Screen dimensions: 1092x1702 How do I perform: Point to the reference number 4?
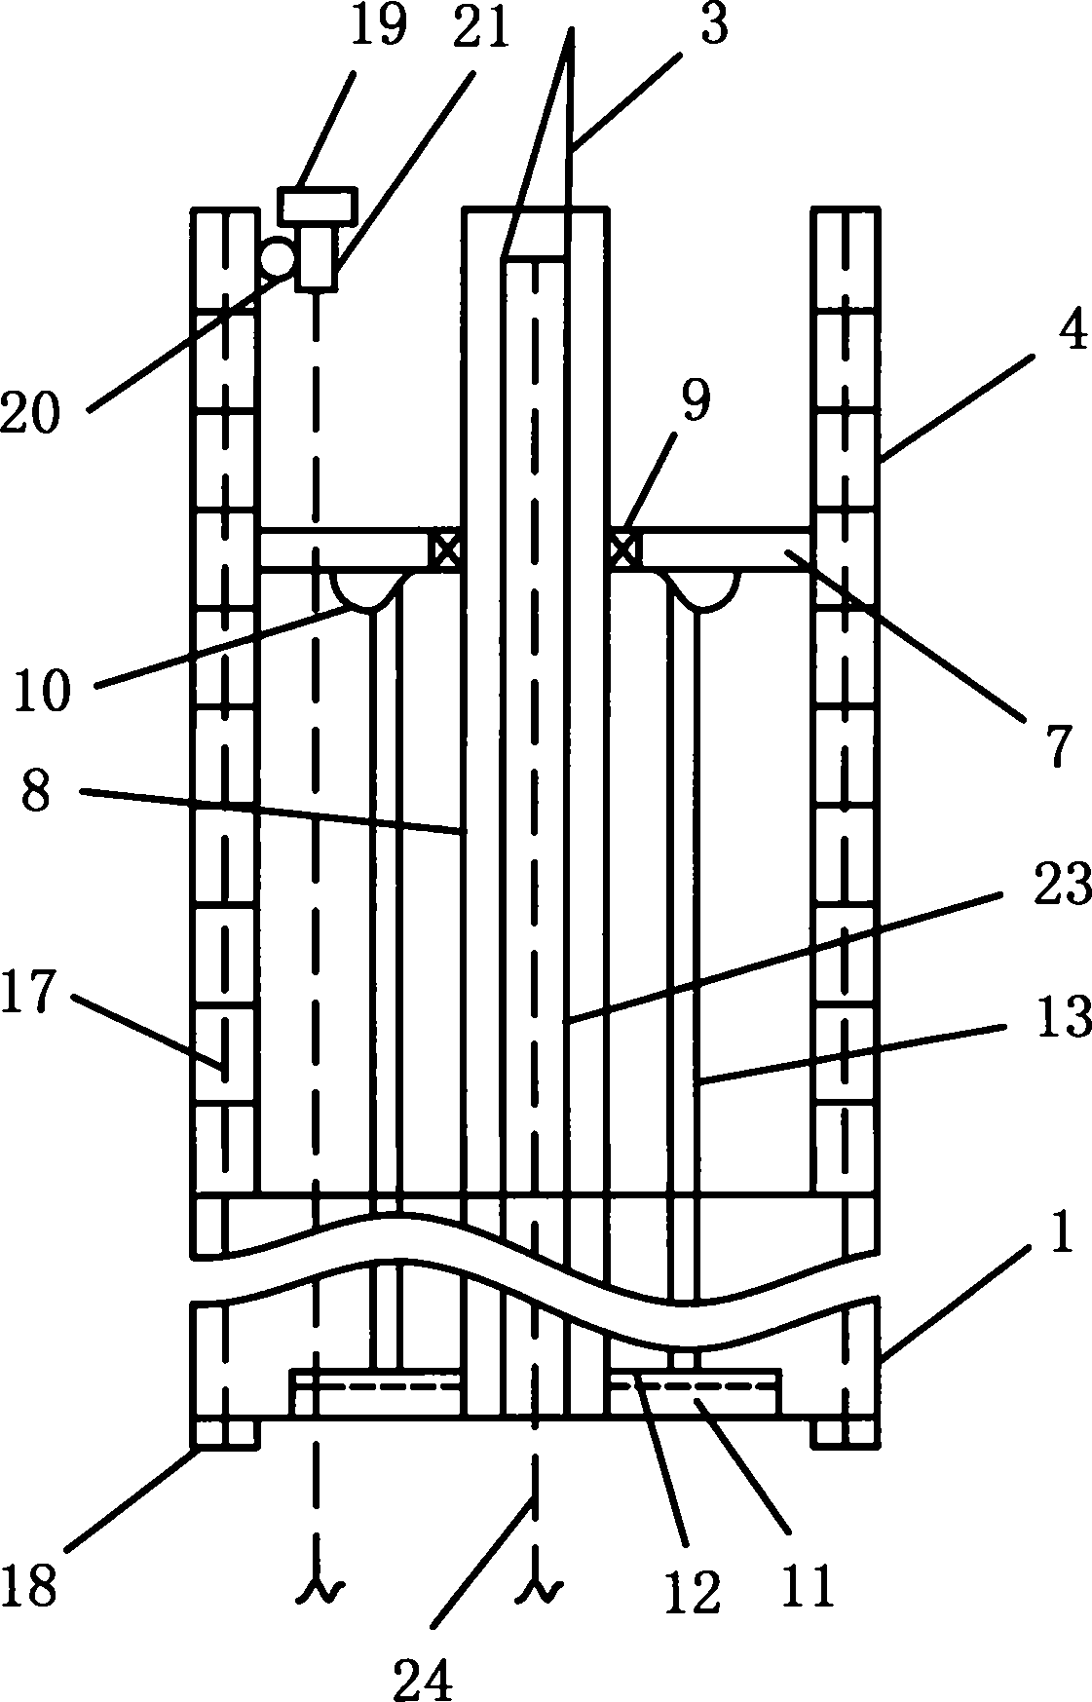[x=1071, y=333]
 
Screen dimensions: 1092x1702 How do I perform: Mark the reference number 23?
[x=1064, y=887]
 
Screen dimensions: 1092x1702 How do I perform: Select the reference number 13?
[x=1064, y=1017]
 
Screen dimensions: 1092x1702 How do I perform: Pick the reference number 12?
[x=694, y=1590]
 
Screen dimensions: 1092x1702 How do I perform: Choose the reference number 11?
[x=809, y=1586]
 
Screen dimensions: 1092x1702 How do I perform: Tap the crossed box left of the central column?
[x=445, y=550]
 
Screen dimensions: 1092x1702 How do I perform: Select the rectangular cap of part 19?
[x=318, y=205]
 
